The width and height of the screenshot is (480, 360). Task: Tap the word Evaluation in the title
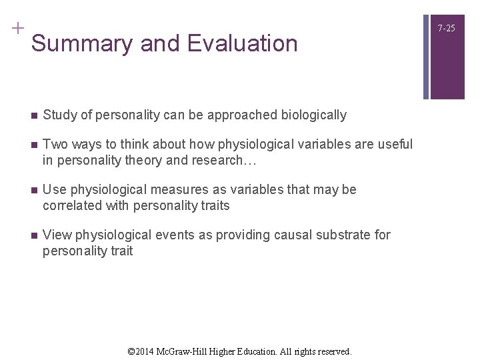coord(243,44)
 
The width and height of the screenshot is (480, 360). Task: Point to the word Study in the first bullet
coord(58,115)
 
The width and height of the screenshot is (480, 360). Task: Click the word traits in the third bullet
coord(213,206)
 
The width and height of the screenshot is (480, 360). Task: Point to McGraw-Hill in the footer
coord(191,351)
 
